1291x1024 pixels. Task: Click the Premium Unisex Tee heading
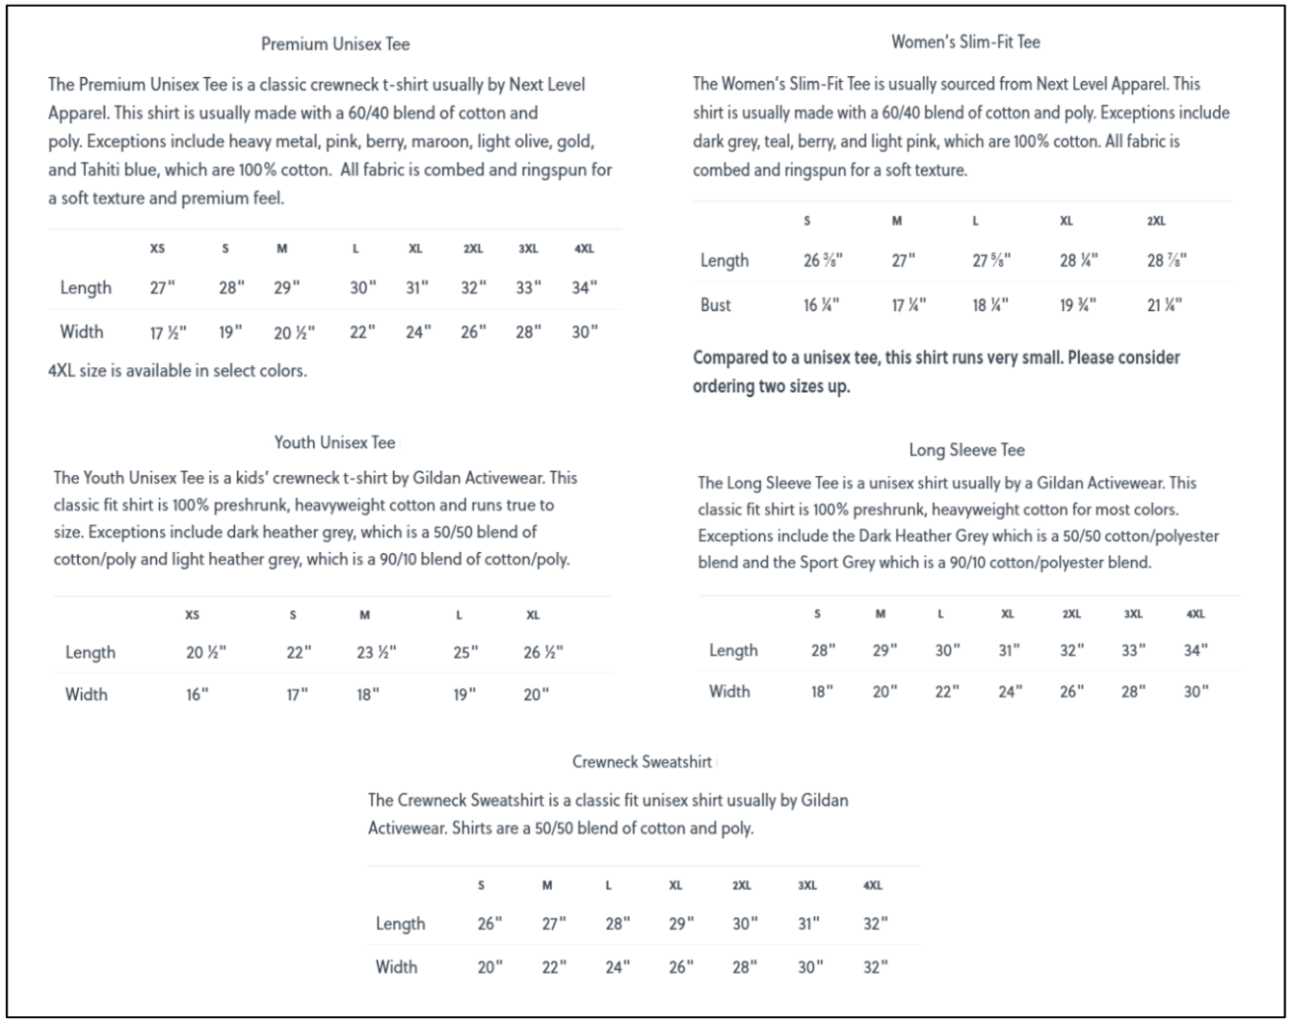(335, 44)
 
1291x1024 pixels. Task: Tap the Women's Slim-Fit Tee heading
(965, 42)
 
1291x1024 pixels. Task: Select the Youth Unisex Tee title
(334, 442)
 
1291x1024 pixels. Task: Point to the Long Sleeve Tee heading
(966, 450)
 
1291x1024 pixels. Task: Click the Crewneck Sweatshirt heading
(642, 762)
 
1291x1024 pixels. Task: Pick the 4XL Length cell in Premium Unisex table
(584, 288)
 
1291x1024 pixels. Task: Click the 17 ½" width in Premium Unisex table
(168, 332)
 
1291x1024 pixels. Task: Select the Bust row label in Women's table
(716, 305)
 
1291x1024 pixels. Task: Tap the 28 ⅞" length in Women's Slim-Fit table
(1167, 261)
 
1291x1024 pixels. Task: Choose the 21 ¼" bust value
(1165, 305)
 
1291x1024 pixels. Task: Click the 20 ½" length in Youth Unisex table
(205, 652)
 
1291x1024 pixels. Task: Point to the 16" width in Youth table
(198, 695)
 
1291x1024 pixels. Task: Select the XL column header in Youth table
(533, 615)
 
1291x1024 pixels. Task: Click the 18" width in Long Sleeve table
(821, 692)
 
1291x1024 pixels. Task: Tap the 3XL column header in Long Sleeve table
(1133, 614)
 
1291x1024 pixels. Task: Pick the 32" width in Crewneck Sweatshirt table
(875, 967)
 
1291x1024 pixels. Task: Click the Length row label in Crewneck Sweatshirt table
(400, 924)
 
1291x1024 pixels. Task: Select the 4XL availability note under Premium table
(177, 371)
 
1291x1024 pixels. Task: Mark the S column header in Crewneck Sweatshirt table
(481, 885)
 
